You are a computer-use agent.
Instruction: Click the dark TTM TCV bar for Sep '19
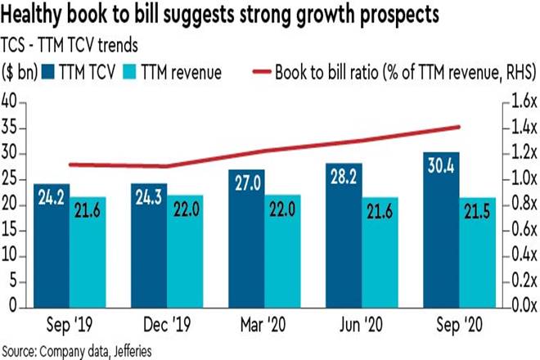click(x=51, y=245)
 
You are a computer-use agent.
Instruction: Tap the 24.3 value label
click(x=149, y=198)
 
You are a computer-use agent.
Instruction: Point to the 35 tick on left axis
click(x=11, y=128)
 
